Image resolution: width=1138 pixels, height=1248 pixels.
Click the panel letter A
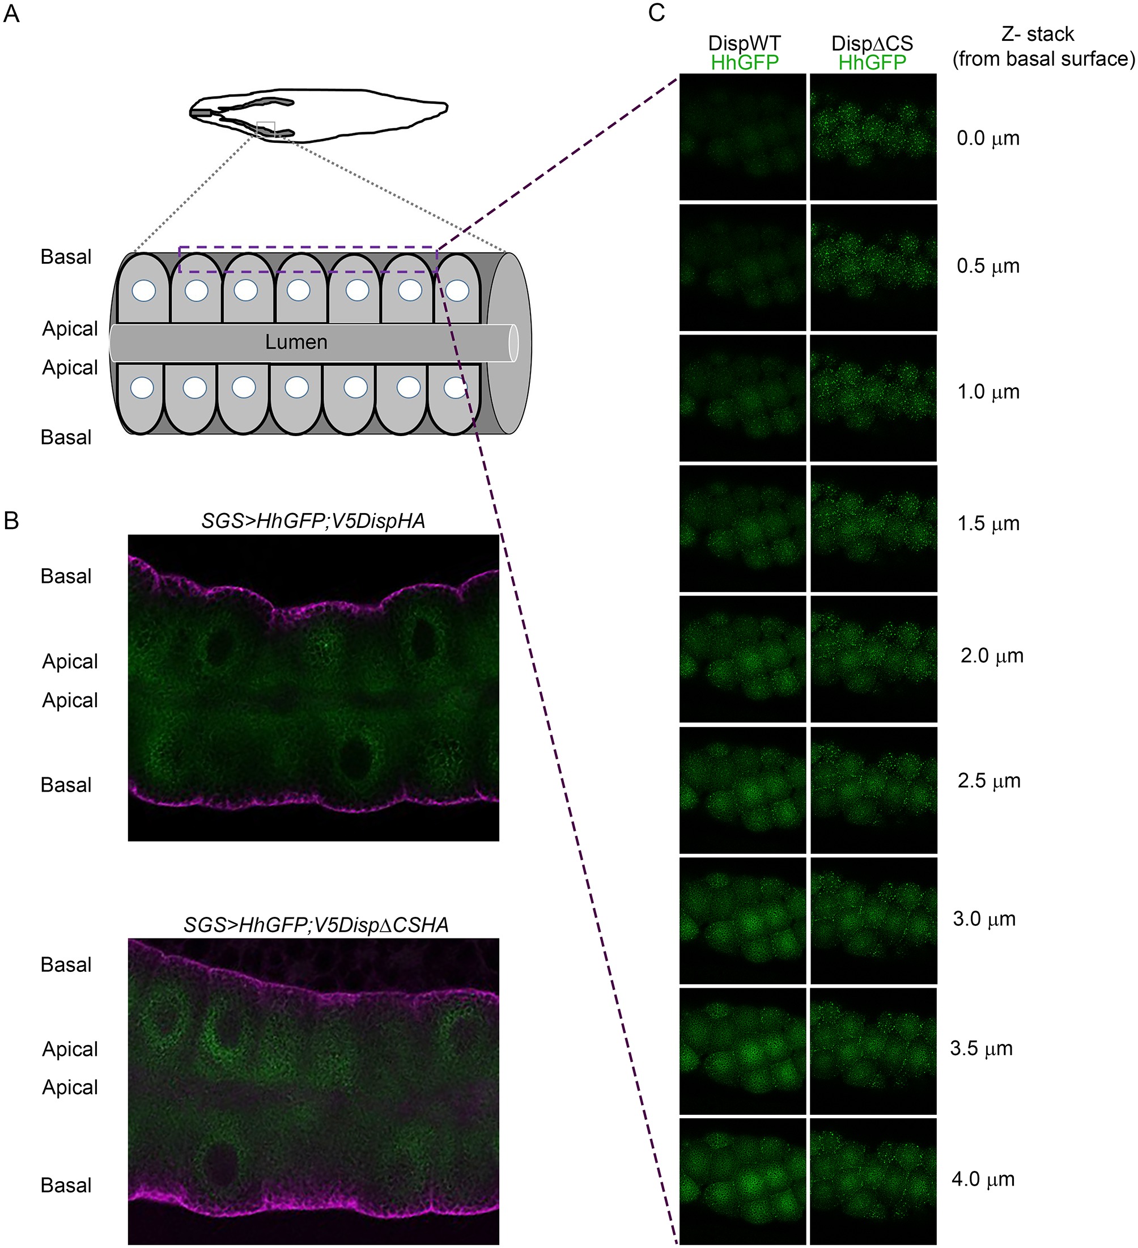point(12,14)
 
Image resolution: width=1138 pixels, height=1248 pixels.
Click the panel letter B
point(12,521)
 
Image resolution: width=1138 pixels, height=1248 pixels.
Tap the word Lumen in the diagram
point(296,342)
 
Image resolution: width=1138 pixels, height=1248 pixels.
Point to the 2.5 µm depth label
point(988,781)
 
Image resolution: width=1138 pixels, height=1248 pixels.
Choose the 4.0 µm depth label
point(983,1179)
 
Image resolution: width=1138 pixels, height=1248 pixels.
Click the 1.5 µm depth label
point(988,523)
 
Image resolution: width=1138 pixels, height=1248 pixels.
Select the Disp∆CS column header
point(872,43)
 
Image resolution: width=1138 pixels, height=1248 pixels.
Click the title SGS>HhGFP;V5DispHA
point(313,521)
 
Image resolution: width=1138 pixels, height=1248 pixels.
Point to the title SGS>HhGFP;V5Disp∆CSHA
point(316,924)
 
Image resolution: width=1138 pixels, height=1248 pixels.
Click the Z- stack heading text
point(1038,34)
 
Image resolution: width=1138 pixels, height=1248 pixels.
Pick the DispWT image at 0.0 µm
point(742,137)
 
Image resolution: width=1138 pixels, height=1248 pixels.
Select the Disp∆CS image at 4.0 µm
point(873,1181)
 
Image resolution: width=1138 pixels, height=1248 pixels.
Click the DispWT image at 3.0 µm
point(742,920)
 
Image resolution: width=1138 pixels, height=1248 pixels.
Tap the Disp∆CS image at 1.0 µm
point(873,397)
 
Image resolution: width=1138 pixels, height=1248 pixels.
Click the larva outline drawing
point(319,115)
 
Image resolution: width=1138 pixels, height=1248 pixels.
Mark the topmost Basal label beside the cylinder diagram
point(66,257)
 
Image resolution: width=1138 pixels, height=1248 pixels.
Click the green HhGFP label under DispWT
point(745,62)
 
